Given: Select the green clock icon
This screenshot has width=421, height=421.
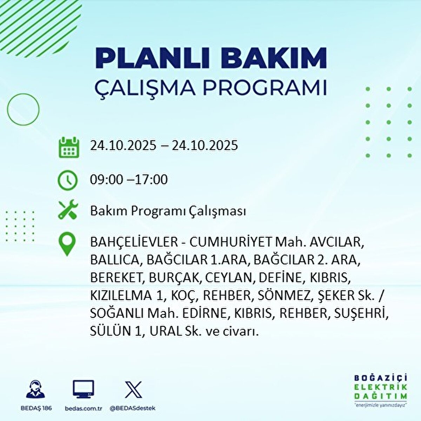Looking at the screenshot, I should tap(67, 180).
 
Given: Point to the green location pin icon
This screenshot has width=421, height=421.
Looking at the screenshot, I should tap(67, 245).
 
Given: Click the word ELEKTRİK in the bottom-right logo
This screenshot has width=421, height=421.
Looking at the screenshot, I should tap(381, 387).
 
